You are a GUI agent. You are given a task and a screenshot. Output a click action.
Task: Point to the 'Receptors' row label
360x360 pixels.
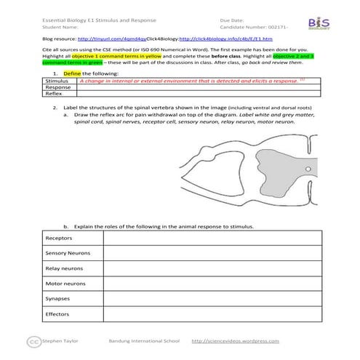[x=59, y=238]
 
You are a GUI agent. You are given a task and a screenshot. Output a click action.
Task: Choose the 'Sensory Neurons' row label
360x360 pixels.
[x=67, y=253]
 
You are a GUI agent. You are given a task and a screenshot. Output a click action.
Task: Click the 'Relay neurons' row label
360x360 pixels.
[x=63, y=268]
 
